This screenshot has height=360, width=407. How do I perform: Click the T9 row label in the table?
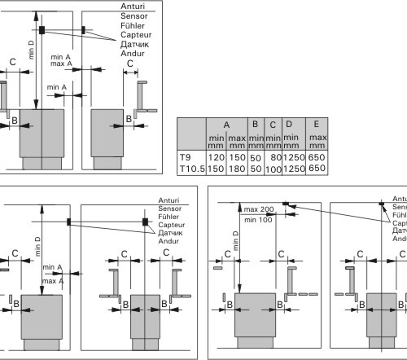click(x=186, y=157)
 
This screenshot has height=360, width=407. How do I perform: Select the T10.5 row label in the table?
click(x=192, y=169)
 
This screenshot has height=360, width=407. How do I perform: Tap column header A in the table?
click(x=226, y=125)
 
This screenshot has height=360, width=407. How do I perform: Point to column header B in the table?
click(x=255, y=124)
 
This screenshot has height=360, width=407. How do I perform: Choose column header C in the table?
click(x=273, y=125)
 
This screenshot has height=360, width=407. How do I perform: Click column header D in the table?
click(x=289, y=124)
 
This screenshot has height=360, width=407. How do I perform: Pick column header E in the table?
click(x=316, y=124)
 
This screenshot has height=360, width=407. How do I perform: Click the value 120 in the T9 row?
click(x=217, y=157)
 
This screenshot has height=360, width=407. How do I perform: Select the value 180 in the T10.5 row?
click(x=237, y=169)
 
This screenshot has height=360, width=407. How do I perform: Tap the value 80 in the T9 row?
click(x=276, y=157)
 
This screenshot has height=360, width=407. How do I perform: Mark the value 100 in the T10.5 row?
click(x=274, y=169)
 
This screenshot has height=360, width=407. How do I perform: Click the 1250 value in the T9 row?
click(x=294, y=157)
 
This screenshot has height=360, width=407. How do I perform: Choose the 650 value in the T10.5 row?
click(x=317, y=168)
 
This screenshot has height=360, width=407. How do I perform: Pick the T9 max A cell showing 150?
click(x=237, y=157)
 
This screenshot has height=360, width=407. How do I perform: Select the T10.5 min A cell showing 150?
click(x=217, y=169)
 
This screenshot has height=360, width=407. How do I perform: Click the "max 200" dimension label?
click(x=259, y=209)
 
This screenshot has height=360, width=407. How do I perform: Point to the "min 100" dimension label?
click(x=258, y=220)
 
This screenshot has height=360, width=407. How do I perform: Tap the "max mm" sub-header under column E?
click(x=317, y=142)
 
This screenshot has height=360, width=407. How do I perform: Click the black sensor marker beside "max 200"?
click(x=286, y=204)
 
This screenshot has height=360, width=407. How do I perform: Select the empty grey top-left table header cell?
click(x=191, y=134)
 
